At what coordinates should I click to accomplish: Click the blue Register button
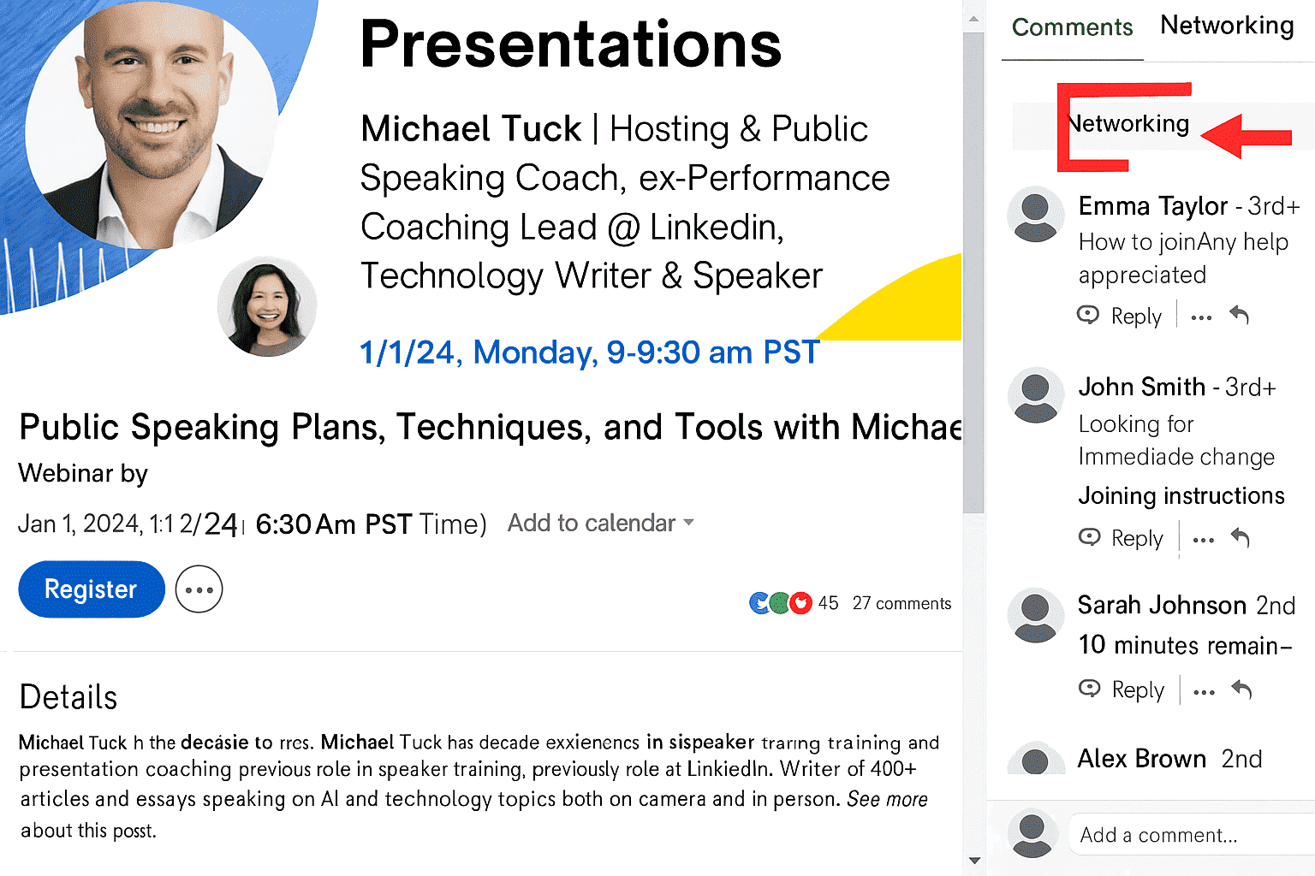pos(91,589)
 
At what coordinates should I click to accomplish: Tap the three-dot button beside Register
pos(199,589)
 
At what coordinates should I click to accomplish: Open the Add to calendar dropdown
pos(600,523)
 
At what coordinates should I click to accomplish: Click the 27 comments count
pos(901,603)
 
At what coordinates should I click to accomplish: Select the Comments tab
pos(1072,27)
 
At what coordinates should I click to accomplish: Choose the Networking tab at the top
pos(1226,26)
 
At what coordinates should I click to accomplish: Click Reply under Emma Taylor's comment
pos(1135,317)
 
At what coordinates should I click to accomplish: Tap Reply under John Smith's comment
pos(1136,538)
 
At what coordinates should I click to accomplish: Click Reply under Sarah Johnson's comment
pos(1137,690)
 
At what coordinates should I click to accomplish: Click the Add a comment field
pos(1190,835)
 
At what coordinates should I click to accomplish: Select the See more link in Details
pos(887,799)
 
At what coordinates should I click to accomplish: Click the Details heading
pos(68,697)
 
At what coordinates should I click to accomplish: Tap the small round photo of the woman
pos(267,306)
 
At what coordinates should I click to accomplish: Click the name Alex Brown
pos(1141,759)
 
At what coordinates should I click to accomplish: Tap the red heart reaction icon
pos(800,603)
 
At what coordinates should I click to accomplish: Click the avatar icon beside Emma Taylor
pos(1036,214)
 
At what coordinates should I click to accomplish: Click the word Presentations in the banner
pos(571,44)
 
